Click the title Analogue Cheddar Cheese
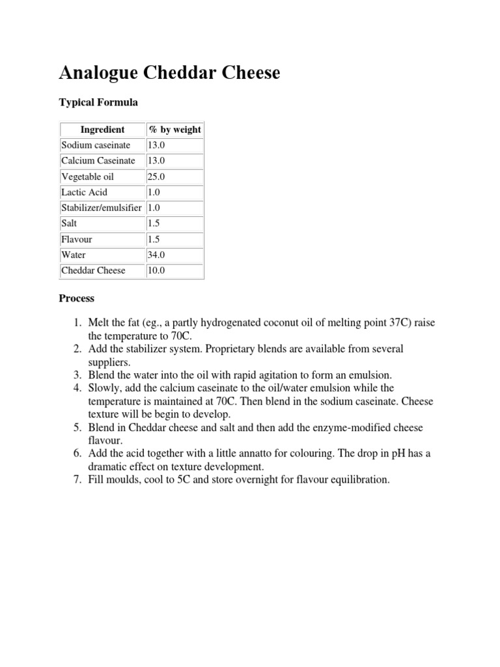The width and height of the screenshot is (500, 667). point(169,73)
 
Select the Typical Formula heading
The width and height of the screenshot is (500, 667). point(98,102)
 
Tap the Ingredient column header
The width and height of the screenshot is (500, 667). point(102,130)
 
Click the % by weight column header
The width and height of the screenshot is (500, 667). point(175,130)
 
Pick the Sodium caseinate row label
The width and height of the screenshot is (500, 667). point(96,145)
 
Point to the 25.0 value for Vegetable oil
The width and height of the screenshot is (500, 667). point(157,177)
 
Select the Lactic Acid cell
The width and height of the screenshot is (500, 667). point(84,192)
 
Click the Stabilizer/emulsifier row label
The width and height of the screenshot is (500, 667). point(102,208)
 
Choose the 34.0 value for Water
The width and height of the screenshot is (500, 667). point(157,255)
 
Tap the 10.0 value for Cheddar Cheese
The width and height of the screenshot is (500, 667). point(157,270)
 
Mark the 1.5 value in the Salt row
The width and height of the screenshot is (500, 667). point(154,223)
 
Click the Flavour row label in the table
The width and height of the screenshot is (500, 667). point(77,239)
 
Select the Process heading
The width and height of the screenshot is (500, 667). point(77,298)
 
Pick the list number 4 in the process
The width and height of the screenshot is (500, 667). point(76,388)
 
